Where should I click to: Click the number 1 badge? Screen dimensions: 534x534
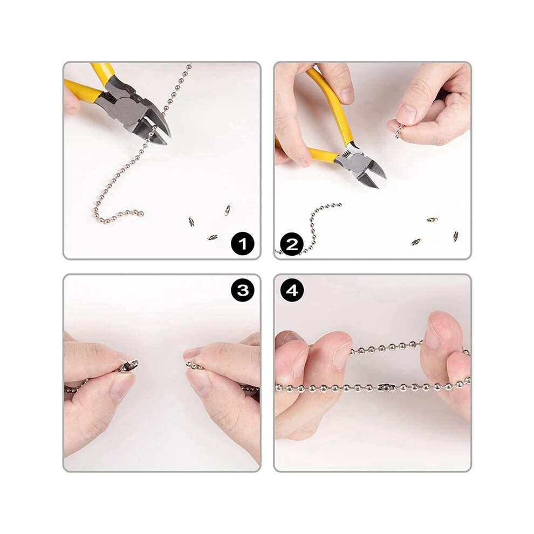pyautogui.click(x=243, y=243)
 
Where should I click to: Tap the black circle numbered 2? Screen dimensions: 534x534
pyautogui.click(x=292, y=244)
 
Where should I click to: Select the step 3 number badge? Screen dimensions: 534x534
pyautogui.click(x=243, y=291)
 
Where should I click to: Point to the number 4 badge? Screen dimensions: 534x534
pyautogui.click(x=292, y=291)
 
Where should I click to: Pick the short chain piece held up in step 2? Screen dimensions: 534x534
pyautogui.click(x=399, y=131)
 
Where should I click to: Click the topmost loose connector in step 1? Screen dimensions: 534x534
pyautogui.click(x=227, y=210)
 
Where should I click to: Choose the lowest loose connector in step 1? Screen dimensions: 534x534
pyautogui.click(x=213, y=237)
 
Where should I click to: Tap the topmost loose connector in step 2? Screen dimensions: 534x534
pyautogui.click(x=433, y=220)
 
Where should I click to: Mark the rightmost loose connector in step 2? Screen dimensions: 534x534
pyautogui.click(x=456, y=236)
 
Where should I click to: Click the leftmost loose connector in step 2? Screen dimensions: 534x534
pyautogui.click(x=416, y=242)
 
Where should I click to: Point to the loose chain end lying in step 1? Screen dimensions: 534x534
pyautogui.click(x=140, y=214)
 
